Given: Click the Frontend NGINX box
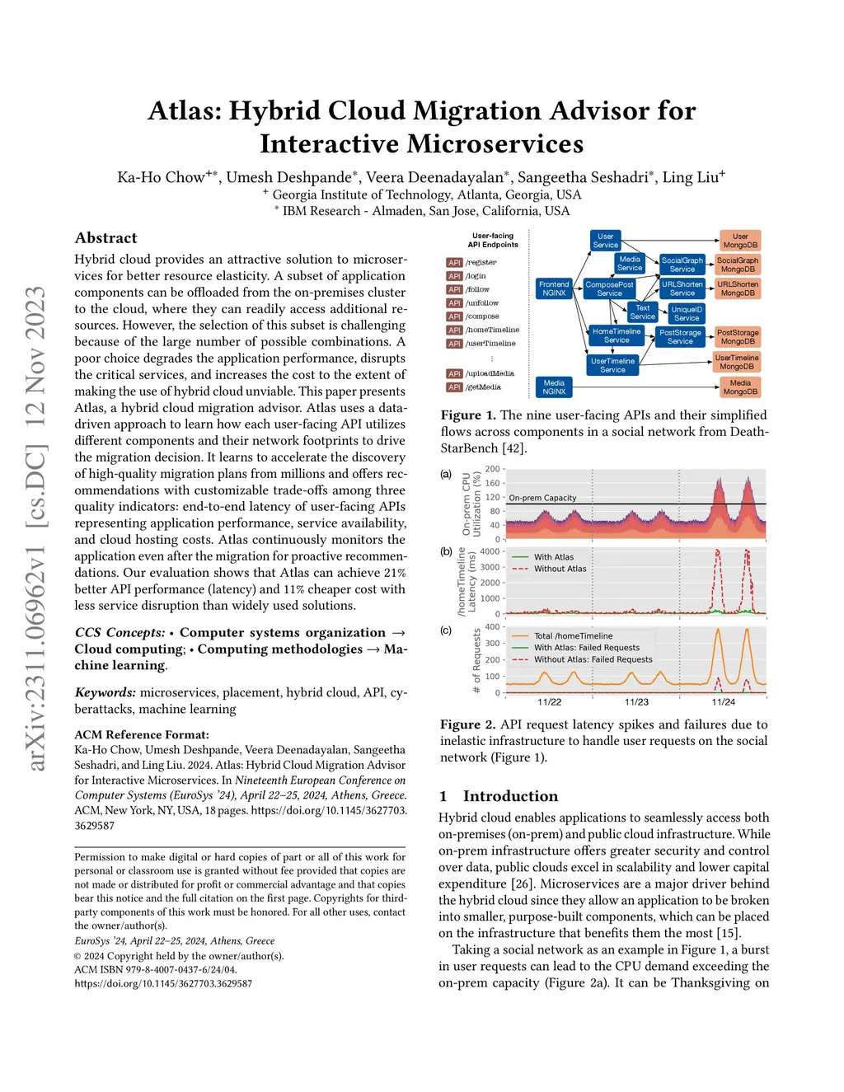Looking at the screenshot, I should pyautogui.click(x=554, y=288).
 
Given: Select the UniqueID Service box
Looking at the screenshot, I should pyautogui.click(x=687, y=314).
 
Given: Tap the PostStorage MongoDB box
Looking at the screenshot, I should pyautogui.click(x=738, y=337).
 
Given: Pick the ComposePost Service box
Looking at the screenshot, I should pyautogui.click(x=609, y=289).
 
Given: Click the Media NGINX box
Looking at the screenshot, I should pyautogui.click(x=554, y=387).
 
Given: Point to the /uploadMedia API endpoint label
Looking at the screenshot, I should pyautogui.click(x=490, y=374).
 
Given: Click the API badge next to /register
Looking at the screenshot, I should pyautogui.click(x=454, y=263).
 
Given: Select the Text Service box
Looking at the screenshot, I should pyautogui.click(x=643, y=312).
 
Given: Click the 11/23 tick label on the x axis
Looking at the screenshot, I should pyautogui.click(x=636, y=702).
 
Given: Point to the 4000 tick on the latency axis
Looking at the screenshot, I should pyautogui.click(x=490, y=552).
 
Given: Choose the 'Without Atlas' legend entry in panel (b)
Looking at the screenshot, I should pyautogui.click(x=560, y=569).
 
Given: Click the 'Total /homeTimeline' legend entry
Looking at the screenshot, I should pyautogui.click(x=573, y=636).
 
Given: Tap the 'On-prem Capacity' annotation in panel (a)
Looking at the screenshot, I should pyautogui.click(x=542, y=498).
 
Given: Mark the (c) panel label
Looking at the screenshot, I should pyautogui.click(x=446, y=630).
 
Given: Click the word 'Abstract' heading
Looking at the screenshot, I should pyautogui.click(x=105, y=238).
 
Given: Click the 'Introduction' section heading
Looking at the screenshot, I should pyautogui.click(x=510, y=796).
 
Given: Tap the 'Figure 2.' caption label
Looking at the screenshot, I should pyautogui.click(x=467, y=724).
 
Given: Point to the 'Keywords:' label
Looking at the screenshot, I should pyautogui.click(x=105, y=692).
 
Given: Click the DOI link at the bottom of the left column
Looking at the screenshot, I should pyautogui.click(x=163, y=983).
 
